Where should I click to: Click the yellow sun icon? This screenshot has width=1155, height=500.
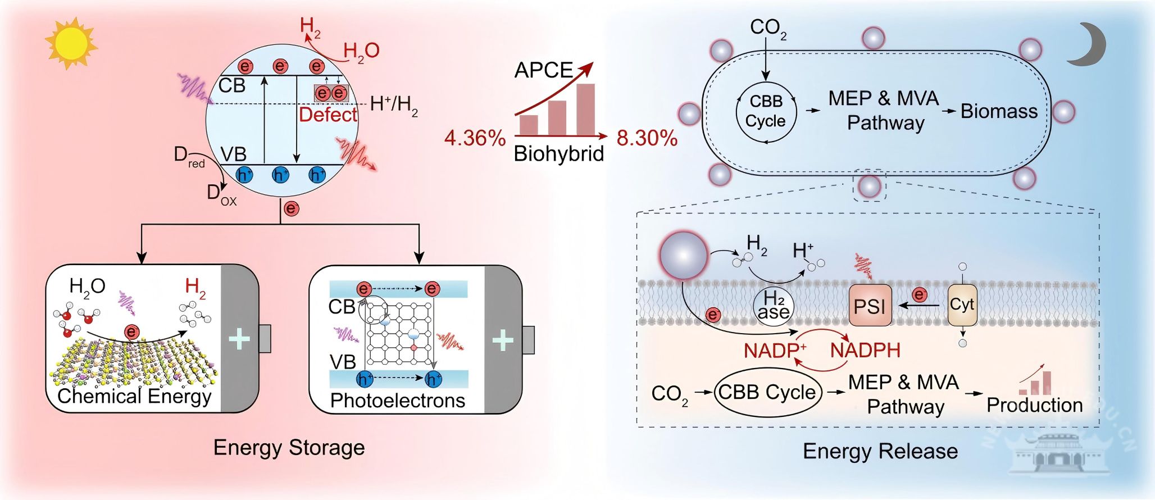[71, 43]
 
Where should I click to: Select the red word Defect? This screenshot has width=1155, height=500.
[328, 115]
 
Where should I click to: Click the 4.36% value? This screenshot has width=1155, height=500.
[475, 138]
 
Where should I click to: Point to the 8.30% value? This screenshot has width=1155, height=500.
[647, 138]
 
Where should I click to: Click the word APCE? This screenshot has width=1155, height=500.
[543, 70]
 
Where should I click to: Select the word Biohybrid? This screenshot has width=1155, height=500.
[558, 154]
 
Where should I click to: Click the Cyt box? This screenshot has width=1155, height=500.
[962, 304]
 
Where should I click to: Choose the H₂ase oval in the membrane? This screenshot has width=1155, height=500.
[774, 306]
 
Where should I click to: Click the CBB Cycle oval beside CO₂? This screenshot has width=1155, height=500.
[767, 392]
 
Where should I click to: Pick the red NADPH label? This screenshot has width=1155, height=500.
[865, 351]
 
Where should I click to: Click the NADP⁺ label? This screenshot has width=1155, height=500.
[775, 351]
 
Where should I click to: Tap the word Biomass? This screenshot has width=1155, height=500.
[999, 111]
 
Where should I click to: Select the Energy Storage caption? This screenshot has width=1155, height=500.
[289, 448]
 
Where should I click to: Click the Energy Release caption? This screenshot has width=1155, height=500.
[880, 451]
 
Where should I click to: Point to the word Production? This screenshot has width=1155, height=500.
[1034, 405]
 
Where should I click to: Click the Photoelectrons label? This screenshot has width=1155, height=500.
[397, 401]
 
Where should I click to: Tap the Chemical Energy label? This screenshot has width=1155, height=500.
[134, 397]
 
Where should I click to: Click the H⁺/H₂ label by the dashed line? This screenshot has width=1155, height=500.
[394, 104]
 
